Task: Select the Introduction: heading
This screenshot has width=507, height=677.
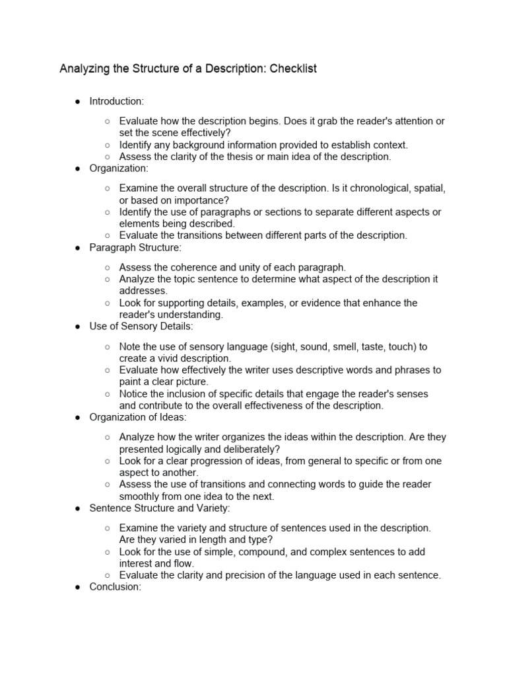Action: pos(116,101)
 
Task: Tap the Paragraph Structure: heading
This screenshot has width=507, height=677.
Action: pos(135,247)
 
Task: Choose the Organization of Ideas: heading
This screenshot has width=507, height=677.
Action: pos(138,417)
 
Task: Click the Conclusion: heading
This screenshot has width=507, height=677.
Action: pos(116,586)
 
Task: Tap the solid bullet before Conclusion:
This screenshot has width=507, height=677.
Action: pos(77,586)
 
